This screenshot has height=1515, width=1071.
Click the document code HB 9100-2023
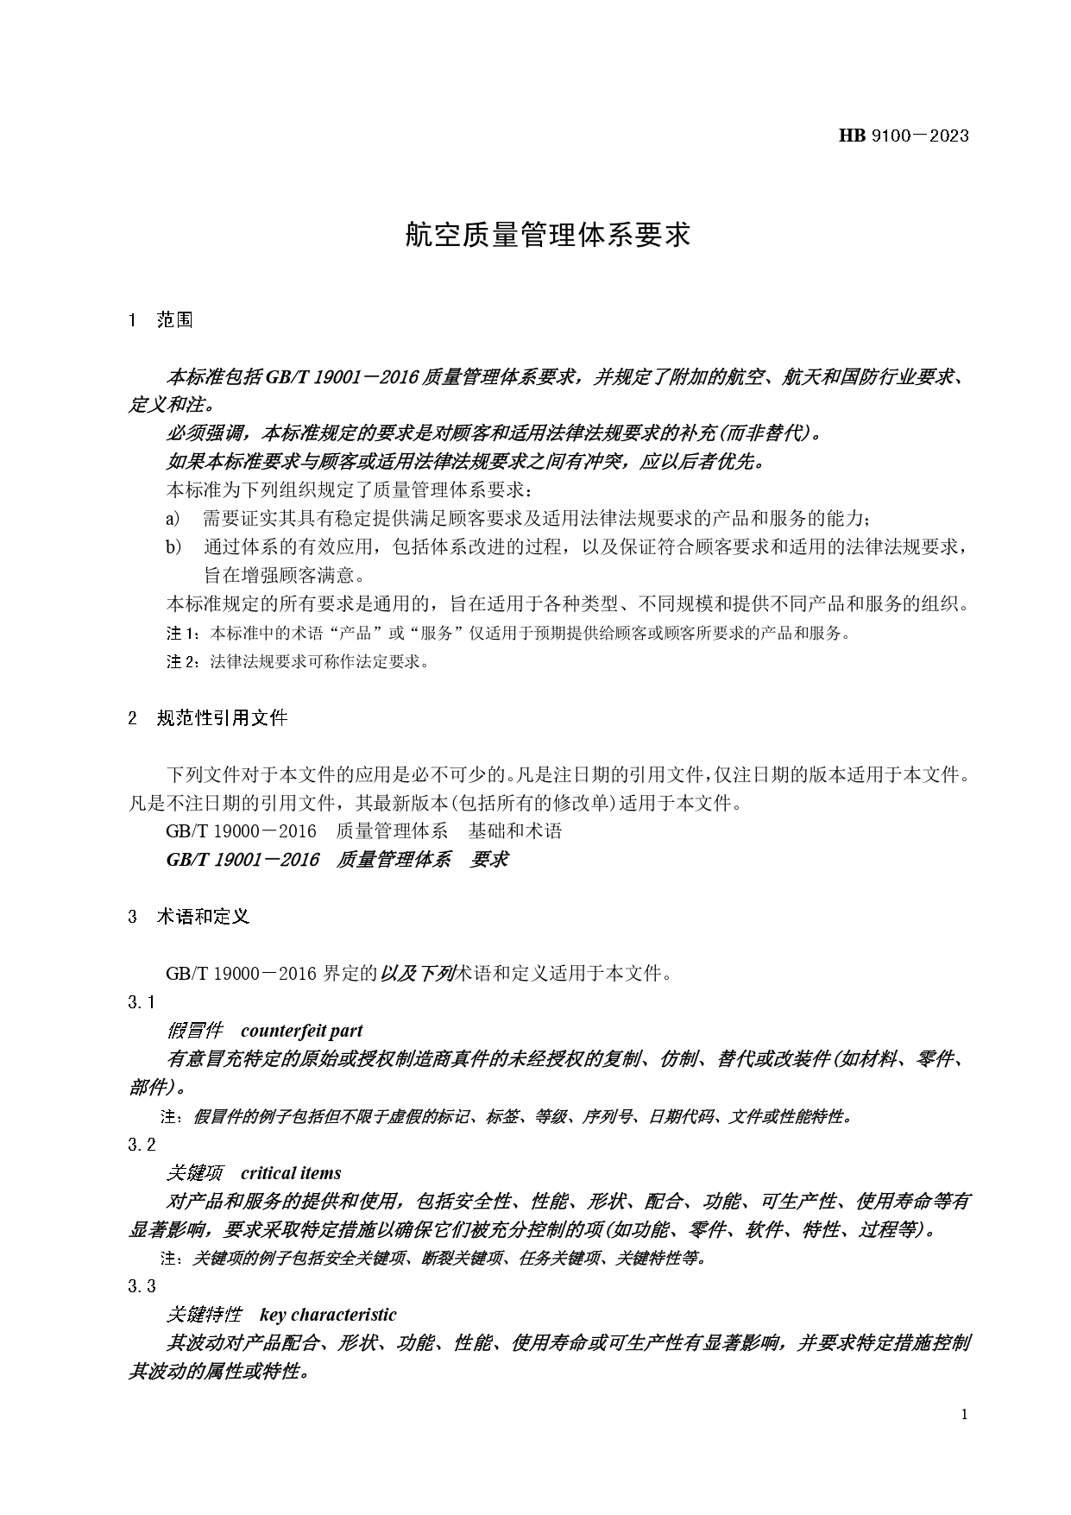click(903, 136)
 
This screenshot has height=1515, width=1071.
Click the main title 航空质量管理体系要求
click(548, 234)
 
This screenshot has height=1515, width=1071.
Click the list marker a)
click(173, 518)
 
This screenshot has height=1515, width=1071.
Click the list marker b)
click(173, 546)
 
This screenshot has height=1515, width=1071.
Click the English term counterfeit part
click(301, 1031)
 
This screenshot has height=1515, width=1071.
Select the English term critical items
click(291, 1173)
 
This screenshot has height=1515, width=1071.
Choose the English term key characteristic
click(328, 1315)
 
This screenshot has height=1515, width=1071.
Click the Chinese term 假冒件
click(194, 1031)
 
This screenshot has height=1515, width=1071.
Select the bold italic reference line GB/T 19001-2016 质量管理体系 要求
click(337, 860)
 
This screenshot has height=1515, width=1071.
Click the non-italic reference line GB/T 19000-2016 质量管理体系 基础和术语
click(363, 831)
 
